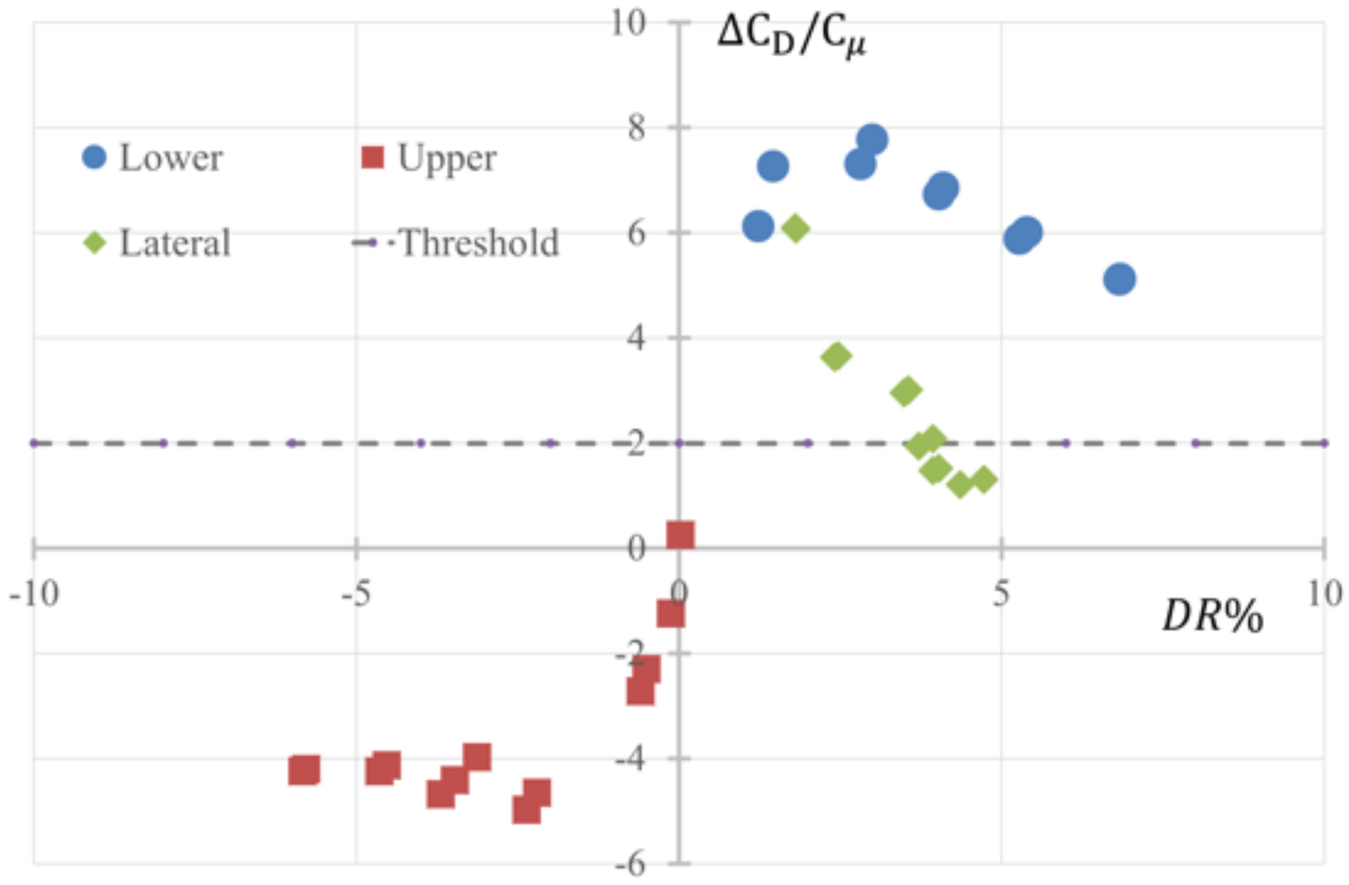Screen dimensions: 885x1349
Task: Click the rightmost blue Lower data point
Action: pos(1119,279)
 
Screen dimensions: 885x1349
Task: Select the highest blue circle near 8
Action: pos(873,140)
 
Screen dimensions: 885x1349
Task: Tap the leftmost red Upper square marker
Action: pos(304,770)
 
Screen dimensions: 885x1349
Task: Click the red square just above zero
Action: pos(680,534)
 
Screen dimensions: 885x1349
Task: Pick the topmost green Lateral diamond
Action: pos(796,228)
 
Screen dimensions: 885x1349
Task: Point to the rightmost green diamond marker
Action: pos(983,479)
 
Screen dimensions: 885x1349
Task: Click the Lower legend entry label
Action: pos(170,158)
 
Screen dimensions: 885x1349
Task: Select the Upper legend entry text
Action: pos(447,158)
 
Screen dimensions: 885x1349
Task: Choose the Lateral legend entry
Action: pos(174,243)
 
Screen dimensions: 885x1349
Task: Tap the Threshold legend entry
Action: pos(479,243)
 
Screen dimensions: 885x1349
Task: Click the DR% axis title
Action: pos(1212,616)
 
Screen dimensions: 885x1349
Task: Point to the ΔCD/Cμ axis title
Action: pos(792,37)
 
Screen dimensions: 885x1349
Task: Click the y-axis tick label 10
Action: pos(628,23)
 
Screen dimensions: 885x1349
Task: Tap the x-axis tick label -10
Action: pos(34,594)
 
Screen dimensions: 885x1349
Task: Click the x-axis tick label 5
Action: pos(1000,594)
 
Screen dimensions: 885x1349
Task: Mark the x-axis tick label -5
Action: pos(356,594)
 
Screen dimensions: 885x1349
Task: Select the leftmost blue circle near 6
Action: pos(758,226)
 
